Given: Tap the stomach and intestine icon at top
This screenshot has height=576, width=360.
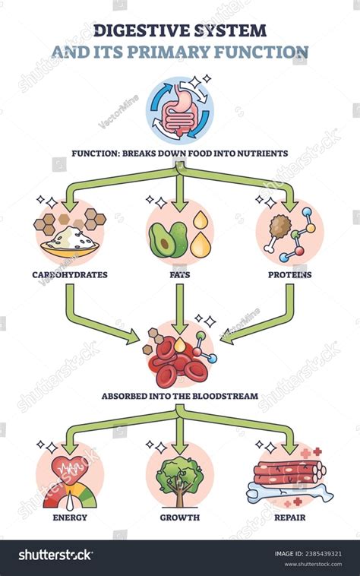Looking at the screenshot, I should click(180, 110).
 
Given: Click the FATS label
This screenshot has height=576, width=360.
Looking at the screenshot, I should click(179, 274).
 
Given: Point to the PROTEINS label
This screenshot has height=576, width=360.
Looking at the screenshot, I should click(289, 274).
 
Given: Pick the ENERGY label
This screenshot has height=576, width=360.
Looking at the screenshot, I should click(70, 517).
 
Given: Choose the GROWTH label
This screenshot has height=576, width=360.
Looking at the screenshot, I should click(180, 517).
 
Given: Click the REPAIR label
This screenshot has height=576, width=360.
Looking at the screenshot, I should click(291, 517).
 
